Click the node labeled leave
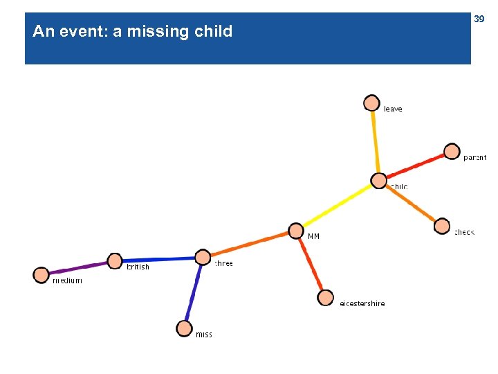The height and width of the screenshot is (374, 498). click(371, 103)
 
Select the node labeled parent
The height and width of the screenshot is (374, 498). click(452, 151)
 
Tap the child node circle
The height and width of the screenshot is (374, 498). click(379, 181)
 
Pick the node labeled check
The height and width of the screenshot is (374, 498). click(442, 226)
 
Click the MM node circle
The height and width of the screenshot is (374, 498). click(295, 231)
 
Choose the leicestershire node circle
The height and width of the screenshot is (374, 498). click(325, 298)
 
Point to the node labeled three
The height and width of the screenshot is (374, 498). click(202, 257)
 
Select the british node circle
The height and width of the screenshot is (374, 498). click(115, 261)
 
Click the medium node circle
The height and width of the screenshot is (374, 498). click(41, 275)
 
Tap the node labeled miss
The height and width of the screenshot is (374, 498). click(184, 328)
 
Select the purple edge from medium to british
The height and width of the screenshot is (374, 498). click(78, 268)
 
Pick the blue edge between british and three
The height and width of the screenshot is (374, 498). click(158, 259)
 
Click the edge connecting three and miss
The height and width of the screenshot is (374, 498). click(193, 292)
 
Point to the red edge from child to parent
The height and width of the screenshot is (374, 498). click(415, 166)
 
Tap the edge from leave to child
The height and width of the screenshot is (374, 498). click(375, 142)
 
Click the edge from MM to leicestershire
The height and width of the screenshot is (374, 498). click(311, 265)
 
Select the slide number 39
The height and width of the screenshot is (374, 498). click(479, 19)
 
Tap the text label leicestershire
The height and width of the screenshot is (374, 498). click(362, 303)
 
